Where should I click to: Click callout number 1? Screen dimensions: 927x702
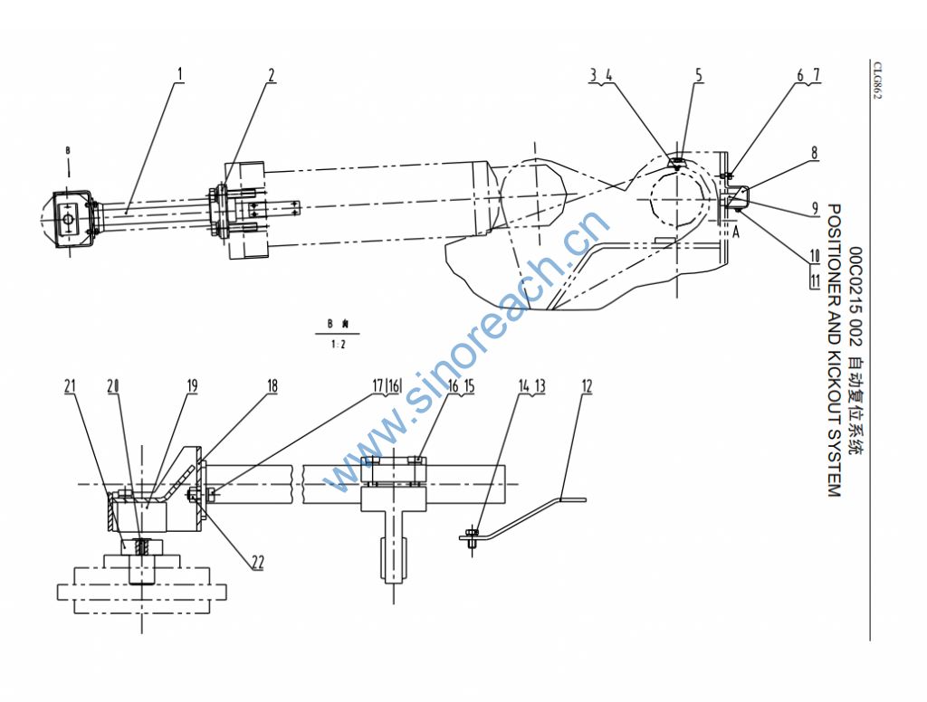pos(180,74)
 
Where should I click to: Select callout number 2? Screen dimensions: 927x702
pos(272,75)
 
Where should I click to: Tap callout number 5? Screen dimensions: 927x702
pos(699,75)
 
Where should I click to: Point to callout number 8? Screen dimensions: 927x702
pos(814,153)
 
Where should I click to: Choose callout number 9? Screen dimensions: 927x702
pos(815,209)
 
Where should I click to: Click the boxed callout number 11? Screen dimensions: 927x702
pos(816,280)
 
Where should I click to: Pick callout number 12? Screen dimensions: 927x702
pos(587,386)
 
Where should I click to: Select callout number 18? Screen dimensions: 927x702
pos(272,386)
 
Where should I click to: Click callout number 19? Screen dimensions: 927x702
pos(192,386)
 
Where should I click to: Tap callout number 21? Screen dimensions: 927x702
pos(71,386)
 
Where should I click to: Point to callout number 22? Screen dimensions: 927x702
pos(258,562)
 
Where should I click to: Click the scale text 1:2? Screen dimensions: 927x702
pos(339,345)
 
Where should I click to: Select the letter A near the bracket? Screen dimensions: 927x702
pos(735,232)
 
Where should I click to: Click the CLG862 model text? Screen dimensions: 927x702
pos(878,81)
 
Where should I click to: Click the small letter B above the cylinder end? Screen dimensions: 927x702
pos(68,151)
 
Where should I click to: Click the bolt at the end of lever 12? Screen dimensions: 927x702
pos(472,538)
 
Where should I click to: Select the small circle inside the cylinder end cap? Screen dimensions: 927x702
pos(69,220)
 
